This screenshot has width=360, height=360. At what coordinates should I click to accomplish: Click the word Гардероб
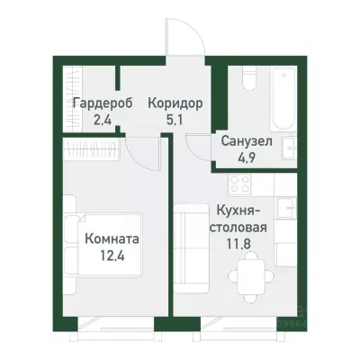(x=102, y=102)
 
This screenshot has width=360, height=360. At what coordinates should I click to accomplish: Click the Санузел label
(x=244, y=139)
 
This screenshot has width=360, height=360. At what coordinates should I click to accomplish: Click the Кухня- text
(x=238, y=210)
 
